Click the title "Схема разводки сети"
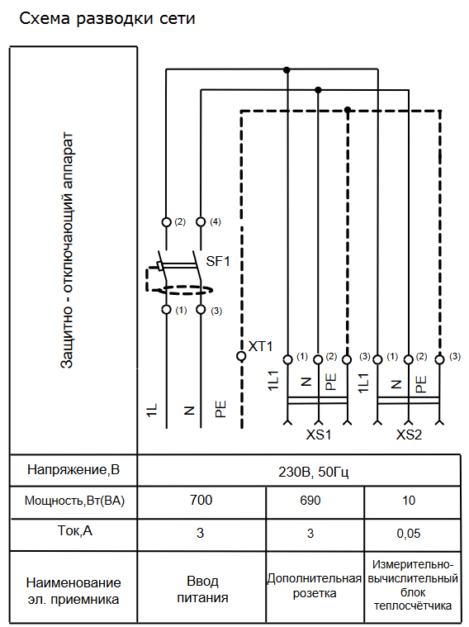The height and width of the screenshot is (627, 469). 107,19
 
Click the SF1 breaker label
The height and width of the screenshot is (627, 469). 218,262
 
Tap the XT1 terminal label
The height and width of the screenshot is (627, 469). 260,346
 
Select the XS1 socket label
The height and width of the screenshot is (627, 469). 319,435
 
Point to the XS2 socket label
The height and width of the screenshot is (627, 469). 409,435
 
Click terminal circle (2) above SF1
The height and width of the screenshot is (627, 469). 166,222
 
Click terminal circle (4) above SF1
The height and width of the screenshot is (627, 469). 201,222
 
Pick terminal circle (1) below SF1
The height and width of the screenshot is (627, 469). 166,310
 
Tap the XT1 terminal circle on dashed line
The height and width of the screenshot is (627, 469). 241,356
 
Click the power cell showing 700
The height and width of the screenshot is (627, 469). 201,501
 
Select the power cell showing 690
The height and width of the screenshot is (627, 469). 310,501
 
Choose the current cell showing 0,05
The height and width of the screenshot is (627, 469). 409,534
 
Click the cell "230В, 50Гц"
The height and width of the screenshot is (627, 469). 314,473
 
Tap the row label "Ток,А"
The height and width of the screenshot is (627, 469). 75,530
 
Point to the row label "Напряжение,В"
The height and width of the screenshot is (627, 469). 73,469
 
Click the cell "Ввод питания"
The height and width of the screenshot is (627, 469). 203,589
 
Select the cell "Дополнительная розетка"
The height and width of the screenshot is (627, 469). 315,586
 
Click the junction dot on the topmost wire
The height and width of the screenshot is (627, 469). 287,70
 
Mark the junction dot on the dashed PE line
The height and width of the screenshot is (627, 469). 348,110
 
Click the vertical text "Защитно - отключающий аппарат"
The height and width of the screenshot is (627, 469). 66,250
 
